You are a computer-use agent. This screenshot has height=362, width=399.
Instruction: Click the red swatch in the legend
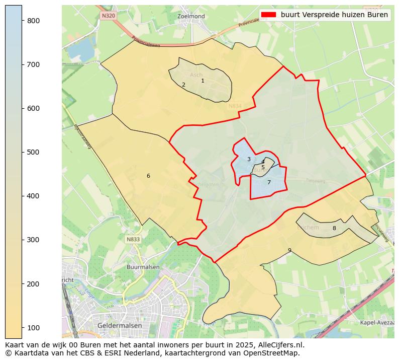(269, 15)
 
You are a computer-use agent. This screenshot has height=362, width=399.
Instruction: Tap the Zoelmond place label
(191, 17)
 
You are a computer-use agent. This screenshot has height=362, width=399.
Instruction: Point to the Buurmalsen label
(143, 267)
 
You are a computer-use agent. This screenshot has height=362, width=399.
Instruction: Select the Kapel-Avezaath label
(377, 322)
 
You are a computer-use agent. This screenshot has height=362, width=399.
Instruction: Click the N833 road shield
(133, 240)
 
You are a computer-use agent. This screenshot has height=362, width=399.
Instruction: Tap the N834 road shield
(235, 106)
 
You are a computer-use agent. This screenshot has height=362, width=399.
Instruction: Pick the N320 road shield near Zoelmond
(108, 16)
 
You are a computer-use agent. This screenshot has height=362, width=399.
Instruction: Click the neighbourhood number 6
(148, 176)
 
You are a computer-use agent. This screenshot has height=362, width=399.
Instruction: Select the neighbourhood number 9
(289, 250)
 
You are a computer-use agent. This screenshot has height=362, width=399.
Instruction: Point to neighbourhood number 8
(334, 228)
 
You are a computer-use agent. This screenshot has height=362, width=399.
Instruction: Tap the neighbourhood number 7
(269, 182)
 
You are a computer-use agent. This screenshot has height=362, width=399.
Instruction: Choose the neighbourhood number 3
(249, 159)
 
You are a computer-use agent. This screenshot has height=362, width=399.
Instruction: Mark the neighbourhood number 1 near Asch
(203, 81)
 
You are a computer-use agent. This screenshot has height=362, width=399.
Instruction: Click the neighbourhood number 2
(183, 85)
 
